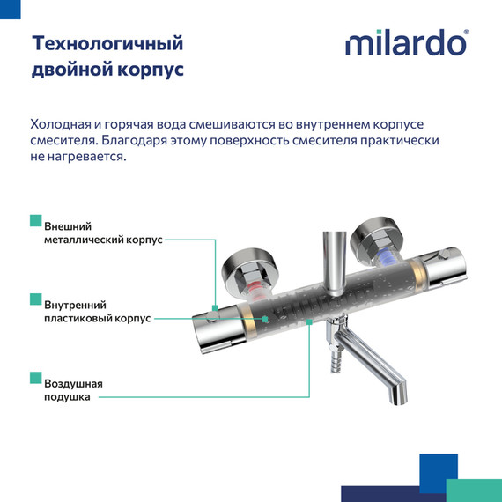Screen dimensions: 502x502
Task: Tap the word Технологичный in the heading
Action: [x=107, y=43]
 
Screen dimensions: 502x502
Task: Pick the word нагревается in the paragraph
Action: [x=88, y=156]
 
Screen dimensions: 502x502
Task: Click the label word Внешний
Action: [x=68, y=226]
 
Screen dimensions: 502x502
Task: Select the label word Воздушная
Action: [x=73, y=384]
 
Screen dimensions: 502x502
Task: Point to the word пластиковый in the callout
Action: [x=82, y=318]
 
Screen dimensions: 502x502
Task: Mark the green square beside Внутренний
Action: [x=35, y=299]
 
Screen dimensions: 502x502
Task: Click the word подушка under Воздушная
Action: [x=67, y=397]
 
